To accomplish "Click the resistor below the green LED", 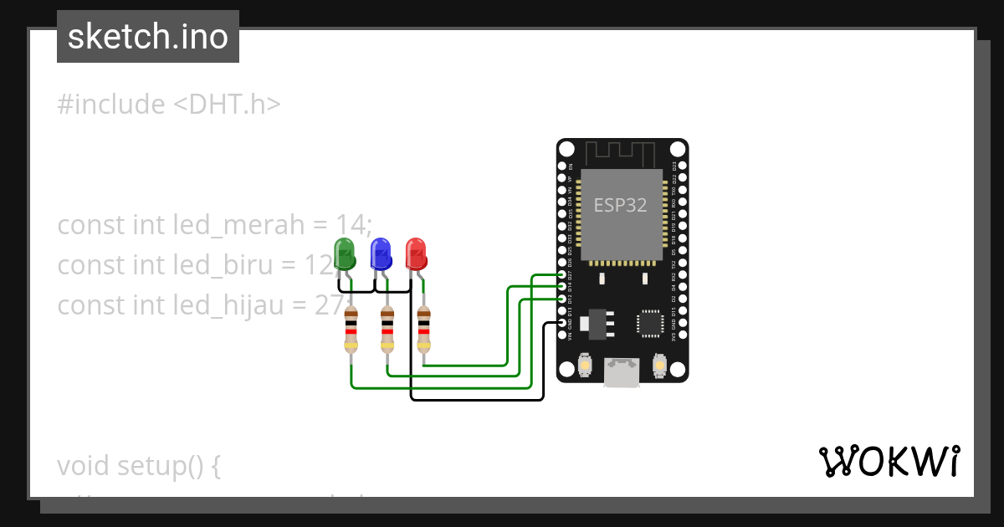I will pos(351,330).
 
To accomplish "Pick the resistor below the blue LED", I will pos(387,330).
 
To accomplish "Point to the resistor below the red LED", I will pos(424,330).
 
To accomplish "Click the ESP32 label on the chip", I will pos(620,205).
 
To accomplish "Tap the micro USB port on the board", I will pos(622,371).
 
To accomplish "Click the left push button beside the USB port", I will pos(585,366).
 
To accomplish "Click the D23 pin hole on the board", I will pos(683,166).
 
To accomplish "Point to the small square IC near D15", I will pos(650,323).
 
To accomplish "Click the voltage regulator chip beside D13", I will pos(597,324).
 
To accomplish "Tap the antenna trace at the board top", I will pos(620,153).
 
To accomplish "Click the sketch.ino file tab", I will pos(148,37).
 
